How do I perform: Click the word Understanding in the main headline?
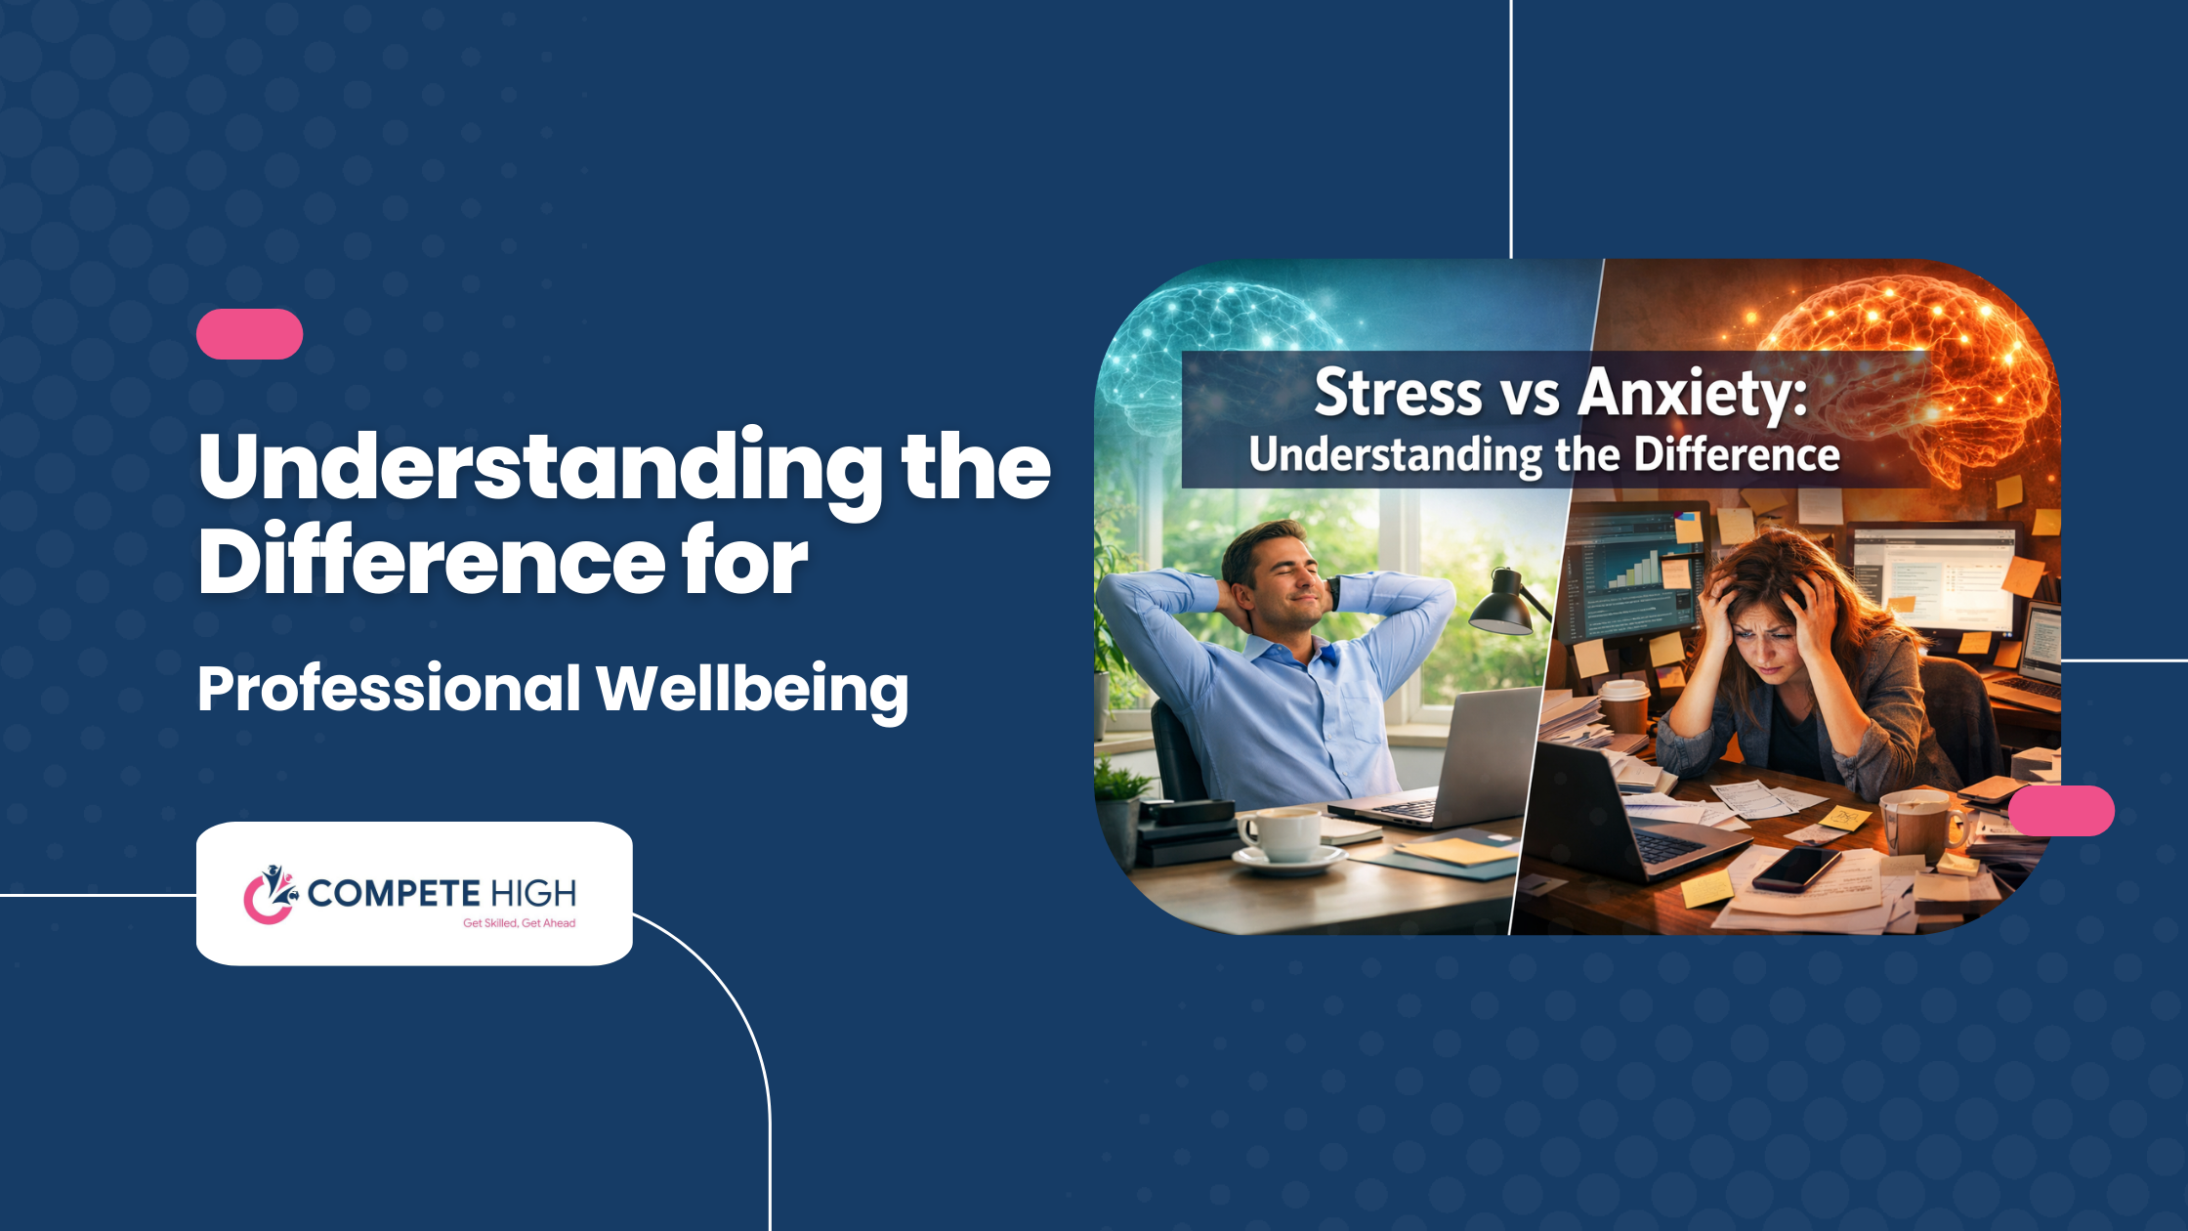pos(540,467)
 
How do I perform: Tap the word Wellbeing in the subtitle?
pos(752,691)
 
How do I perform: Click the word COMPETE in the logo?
pos(393,893)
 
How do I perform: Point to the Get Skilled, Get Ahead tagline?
pos(519,923)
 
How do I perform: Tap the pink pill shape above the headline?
pos(249,334)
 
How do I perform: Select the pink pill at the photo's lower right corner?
pos(2061,811)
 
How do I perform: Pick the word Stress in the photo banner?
pos(1398,394)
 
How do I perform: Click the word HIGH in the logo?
pos(533,893)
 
